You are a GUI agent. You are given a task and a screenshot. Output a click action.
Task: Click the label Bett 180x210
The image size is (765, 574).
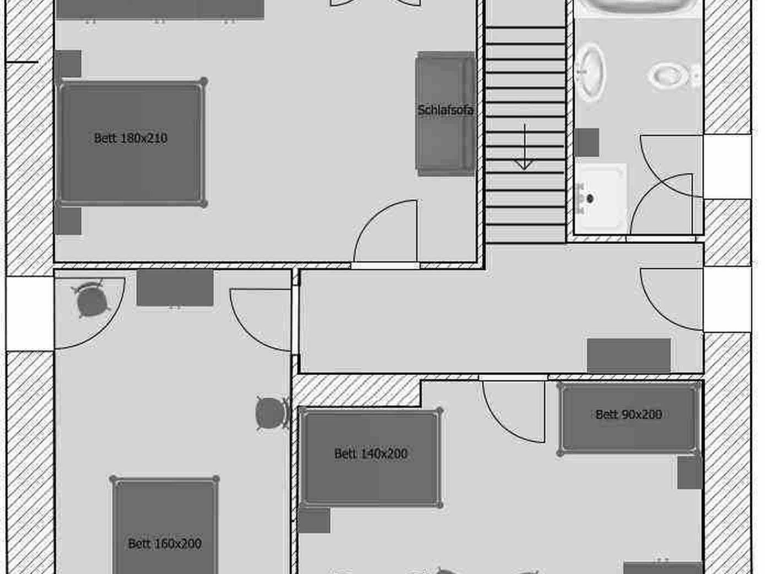pos(130,138)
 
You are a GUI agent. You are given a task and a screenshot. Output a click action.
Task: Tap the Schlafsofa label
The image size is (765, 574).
pos(446,110)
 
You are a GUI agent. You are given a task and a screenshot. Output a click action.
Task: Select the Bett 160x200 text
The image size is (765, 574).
pos(165,544)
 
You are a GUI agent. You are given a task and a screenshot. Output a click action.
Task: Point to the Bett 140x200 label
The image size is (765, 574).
pos(371,454)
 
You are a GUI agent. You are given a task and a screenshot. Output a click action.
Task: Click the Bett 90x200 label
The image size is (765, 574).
pos(629,414)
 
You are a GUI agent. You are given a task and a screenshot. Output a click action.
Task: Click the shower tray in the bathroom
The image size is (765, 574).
pos(601,196)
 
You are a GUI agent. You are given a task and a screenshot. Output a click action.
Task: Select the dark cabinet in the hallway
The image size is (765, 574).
pos(629,356)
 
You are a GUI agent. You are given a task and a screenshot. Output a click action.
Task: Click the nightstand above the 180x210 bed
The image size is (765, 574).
pos(68,64)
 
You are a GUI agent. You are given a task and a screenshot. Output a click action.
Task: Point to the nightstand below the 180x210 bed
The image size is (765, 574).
pos(68,221)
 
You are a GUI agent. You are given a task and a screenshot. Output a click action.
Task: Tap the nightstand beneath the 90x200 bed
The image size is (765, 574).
pos(690,472)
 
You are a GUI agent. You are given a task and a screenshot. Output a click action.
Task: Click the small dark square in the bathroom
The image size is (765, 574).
pos(587,143)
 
